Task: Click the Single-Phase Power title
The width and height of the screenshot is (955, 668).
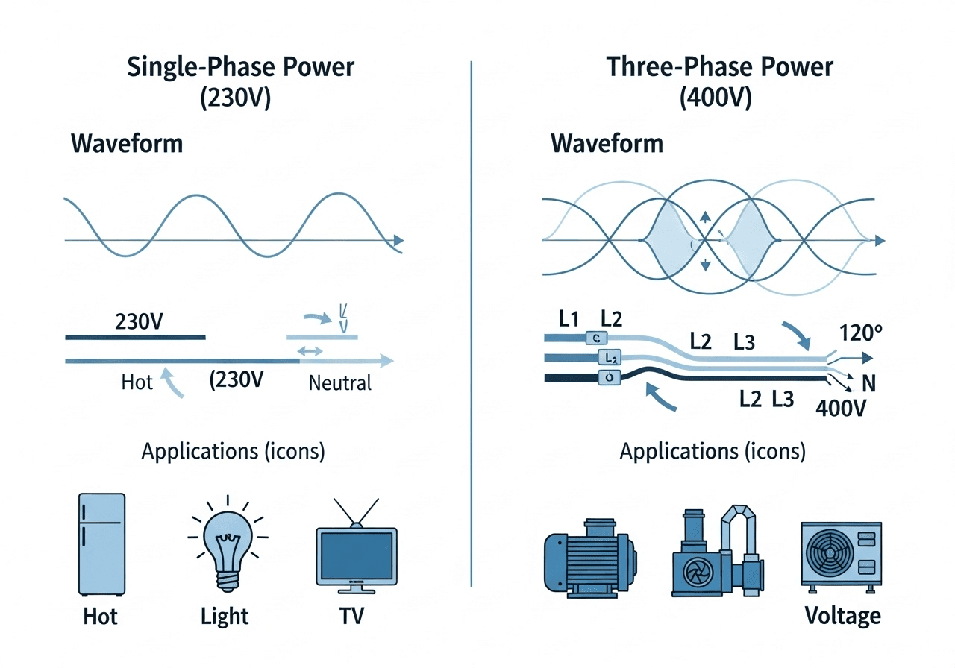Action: [x=240, y=66]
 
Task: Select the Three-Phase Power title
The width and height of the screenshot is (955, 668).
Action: [x=719, y=66]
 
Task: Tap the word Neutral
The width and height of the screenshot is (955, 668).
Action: [x=339, y=383]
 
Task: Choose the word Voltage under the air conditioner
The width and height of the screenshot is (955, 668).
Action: [x=842, y=616]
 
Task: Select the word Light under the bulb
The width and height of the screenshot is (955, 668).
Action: [x=225, y=617]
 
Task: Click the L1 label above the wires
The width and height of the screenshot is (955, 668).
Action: [x=569, y=319]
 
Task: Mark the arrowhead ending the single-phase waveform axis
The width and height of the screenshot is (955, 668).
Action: [x=399, y=240]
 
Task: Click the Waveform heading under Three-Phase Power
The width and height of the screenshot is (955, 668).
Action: [x=607, y=142]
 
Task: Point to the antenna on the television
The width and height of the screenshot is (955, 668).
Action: [x=357, y=512]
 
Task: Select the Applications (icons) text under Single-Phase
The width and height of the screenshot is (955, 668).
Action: [x=233, y=452]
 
